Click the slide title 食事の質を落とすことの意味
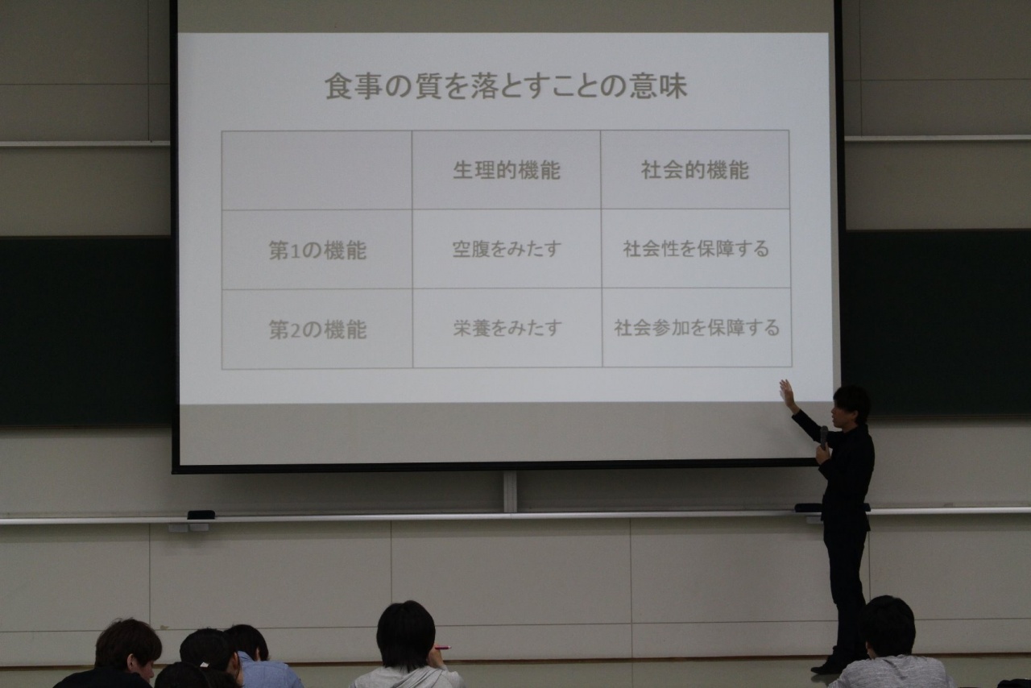(x=506, y=87)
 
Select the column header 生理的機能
(x=507, y=170)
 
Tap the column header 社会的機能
(x=695, y=170)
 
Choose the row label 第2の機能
(x=317, y=329)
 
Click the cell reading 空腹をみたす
(x=507, y=249)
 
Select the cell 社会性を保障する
(x=696, y=249)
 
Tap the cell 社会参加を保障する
(x=697, y=328)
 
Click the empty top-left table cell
(x=317, y=170)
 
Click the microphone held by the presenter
(x=823, y=437)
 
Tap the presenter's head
(x=851, y=404)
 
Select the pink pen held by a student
(x=442, y=648)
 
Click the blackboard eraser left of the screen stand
(x=201, y=514)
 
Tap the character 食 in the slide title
(x=338, y=87)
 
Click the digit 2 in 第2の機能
(x=292, y=330)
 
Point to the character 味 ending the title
(x=673, y=87)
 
